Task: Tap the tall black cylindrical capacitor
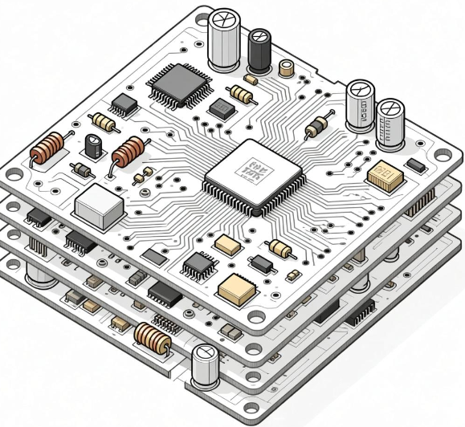(x=259, y=51)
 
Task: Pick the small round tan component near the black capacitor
(x=285, y=67)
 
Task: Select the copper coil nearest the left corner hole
(x=47, y=150)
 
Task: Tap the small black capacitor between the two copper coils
(x=94, y=145)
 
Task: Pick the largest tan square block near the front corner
(x=235, y=287)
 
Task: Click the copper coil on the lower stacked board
(x=153, y=338)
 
